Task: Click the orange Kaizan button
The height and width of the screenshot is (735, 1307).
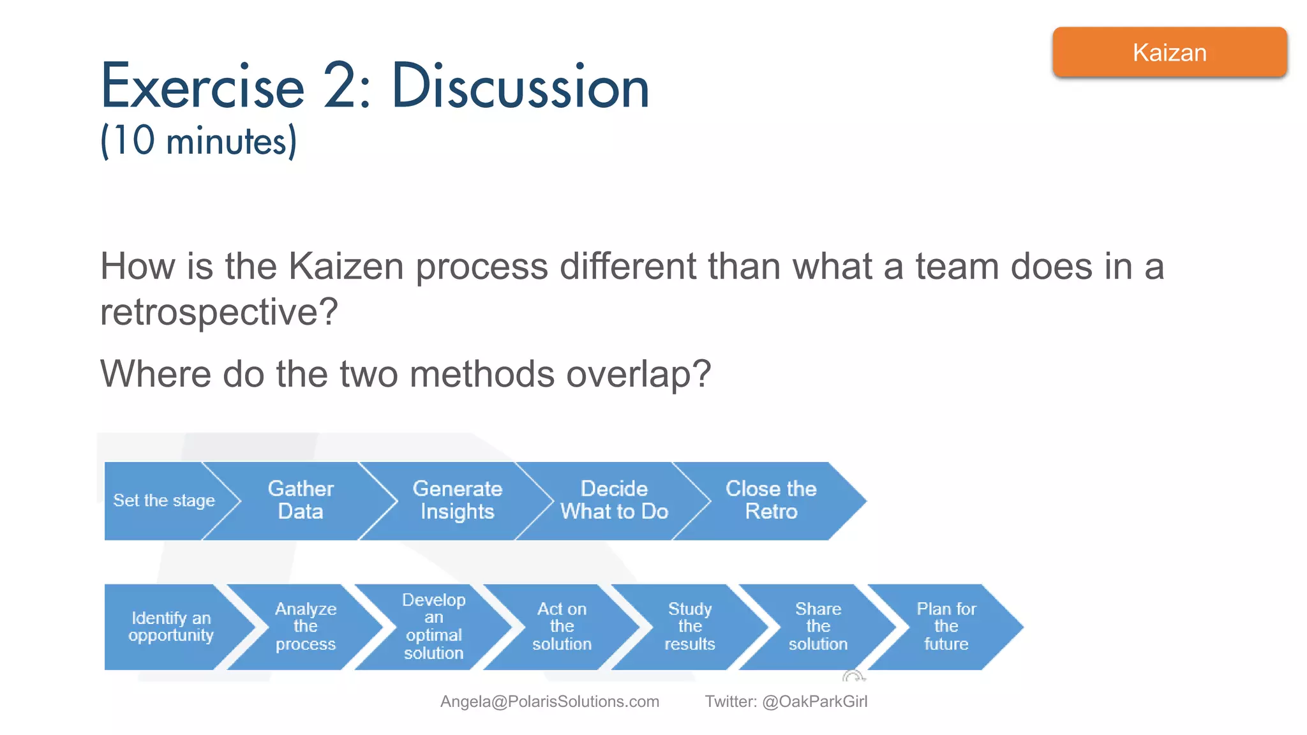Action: click(1169, 52)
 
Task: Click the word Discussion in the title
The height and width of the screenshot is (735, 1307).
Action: click(520, 87)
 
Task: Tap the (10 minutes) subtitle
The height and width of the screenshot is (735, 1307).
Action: click(198, 141)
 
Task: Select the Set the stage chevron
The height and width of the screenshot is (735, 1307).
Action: click(164, 500)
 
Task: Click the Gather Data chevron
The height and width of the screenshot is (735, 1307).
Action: click(301, 500)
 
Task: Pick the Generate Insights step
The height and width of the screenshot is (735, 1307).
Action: click(457, 500)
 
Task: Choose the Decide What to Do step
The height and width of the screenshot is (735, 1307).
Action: click(614, 500)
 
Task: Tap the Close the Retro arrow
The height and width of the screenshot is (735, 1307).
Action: click(771, 500)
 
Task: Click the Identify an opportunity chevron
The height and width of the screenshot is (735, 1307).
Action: click(170, 627)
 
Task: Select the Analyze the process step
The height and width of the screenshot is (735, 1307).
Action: click(305, 627)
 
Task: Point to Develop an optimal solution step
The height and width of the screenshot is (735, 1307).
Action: click(433, 627)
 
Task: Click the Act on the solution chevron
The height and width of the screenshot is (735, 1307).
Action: click(562, 627)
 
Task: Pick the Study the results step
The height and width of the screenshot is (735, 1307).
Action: click(689, 627)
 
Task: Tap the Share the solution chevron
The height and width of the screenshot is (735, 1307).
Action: click(818, 627)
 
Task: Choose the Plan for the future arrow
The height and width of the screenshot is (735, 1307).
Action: click(946, 627)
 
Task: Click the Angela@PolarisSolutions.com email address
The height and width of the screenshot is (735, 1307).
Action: click(549, 701)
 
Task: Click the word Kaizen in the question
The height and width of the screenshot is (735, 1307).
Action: click(346, 266)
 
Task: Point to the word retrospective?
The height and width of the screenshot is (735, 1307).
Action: click(219, 312)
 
